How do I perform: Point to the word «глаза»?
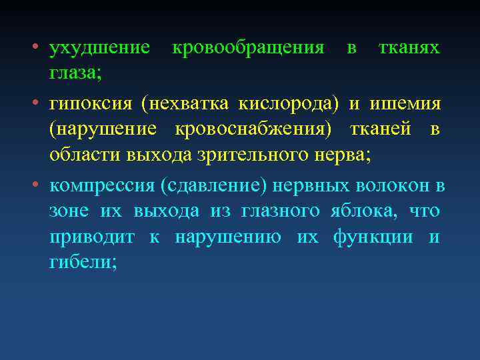(x=73, y=73)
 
